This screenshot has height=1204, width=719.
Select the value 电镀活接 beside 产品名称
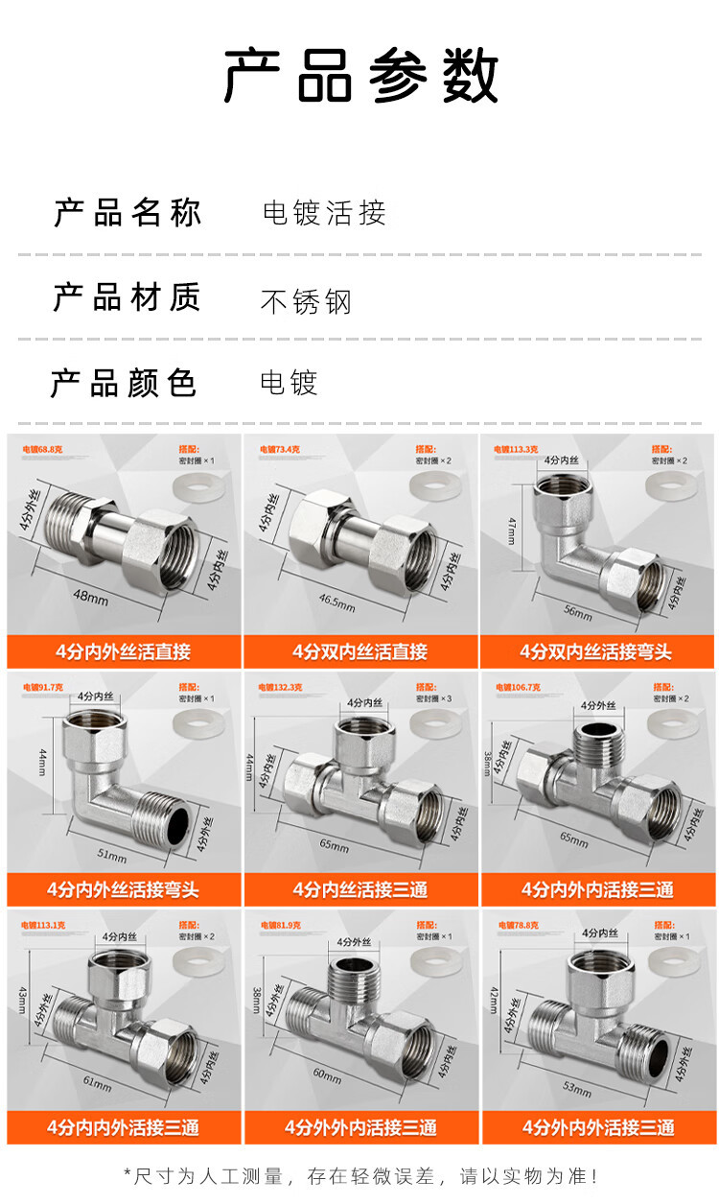(324, 213)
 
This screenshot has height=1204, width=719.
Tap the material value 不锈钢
(306, 301)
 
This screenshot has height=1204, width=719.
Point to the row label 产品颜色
(124, 383)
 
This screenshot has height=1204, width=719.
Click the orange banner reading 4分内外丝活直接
(124, 652)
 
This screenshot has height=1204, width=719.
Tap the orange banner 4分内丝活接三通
(360, 889)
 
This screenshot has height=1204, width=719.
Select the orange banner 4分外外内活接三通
(360, 1127)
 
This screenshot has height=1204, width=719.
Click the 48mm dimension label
(91, 597)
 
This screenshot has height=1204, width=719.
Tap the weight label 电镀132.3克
(279, 687)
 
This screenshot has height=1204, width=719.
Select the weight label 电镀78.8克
(518, 925)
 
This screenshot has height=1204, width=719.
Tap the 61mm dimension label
(97, 1085)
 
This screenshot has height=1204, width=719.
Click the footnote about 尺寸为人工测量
(360, 1175)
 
